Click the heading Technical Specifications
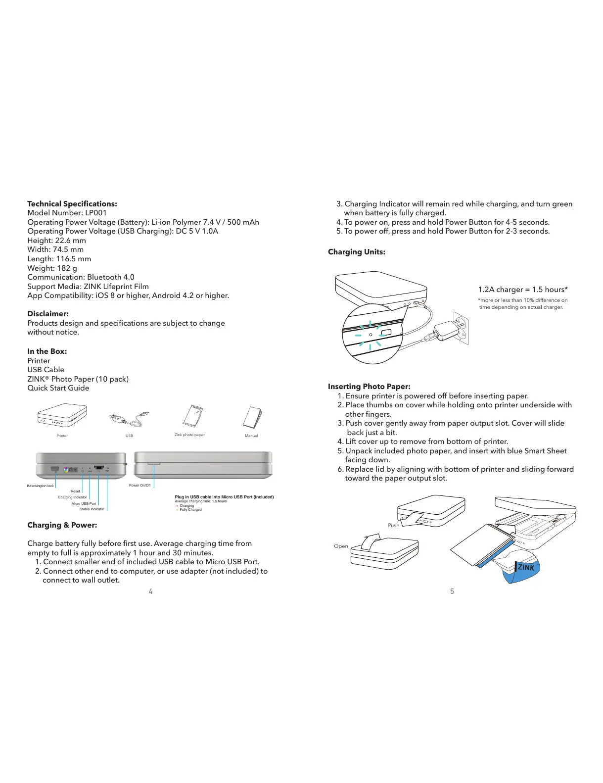pos(72,204)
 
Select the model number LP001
pos(96,213)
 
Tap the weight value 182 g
pos(67,268)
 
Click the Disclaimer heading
pos(48,314)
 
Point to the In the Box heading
pos(47,351)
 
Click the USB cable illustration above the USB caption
pos(129,419)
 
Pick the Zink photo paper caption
pos(189,435)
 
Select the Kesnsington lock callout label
pos(41,486)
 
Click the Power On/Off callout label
pos(139,486)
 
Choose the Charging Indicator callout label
pos(72,497)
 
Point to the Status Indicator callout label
pos(92,509)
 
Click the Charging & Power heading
pos(62,525)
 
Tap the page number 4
pos(151,591)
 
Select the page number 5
pos(452,591)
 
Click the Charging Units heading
pos(357,252)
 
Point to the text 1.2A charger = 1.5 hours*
pos(523,290)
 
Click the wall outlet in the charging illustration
pos(462,328)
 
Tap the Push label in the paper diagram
pos(394,525)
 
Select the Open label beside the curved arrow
pos(341,546)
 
